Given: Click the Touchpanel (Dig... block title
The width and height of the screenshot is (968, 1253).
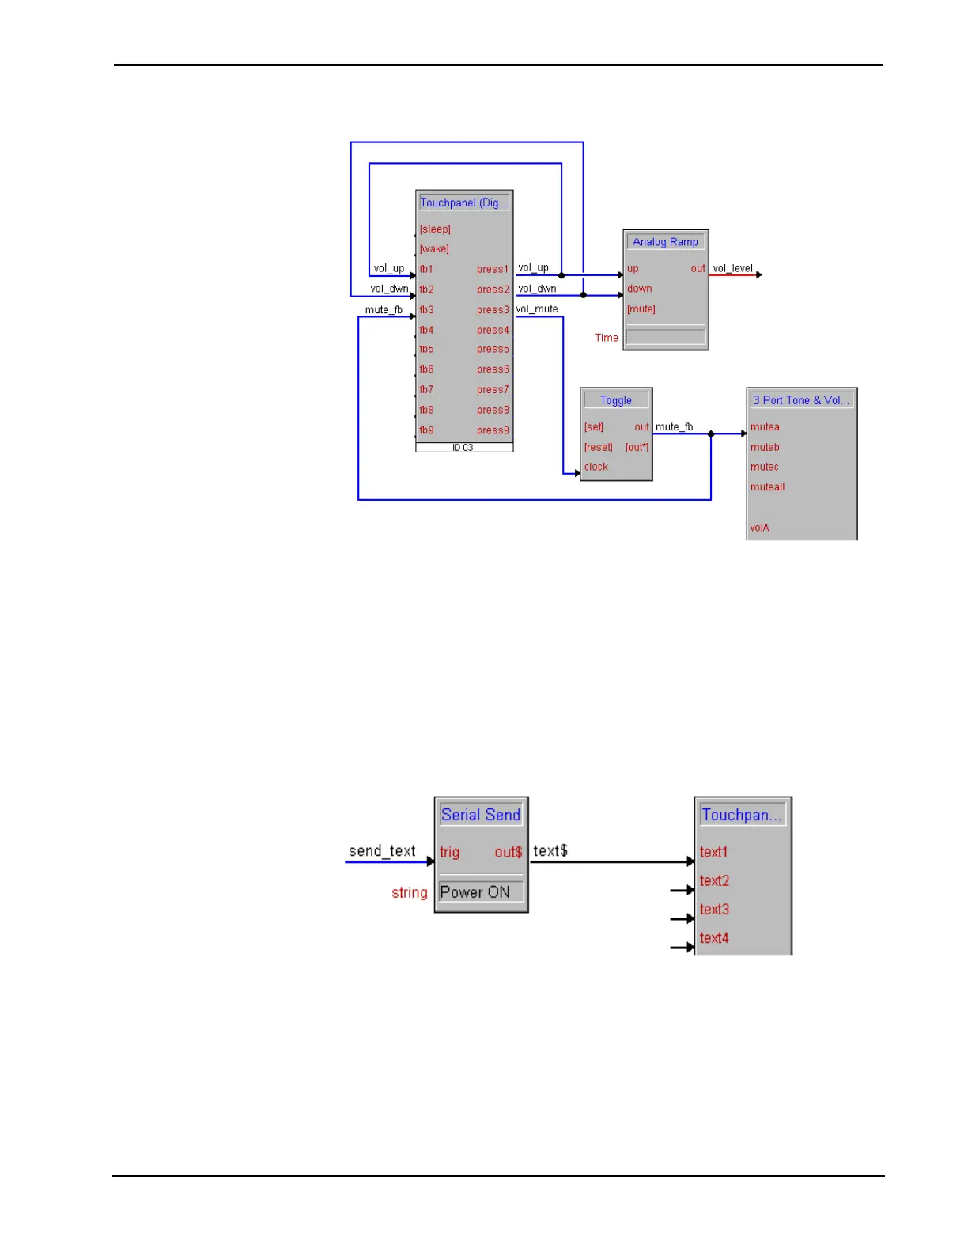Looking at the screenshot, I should [x=463, y=203].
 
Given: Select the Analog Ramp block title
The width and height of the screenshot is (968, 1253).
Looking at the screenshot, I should [x=665, y=242].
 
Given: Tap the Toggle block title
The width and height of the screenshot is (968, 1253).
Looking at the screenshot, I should [x=615, y=400].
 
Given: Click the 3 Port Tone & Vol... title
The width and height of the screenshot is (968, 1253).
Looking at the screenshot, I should [x=801, y=400].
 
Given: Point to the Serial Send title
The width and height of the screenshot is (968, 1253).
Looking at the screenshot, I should [x=481, y=815].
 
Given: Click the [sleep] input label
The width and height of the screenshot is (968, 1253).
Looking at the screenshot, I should [x=435, y=229].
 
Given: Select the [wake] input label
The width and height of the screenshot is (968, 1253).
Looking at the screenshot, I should [x=434, y=249].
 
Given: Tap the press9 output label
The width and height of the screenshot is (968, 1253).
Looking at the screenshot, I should [x=493, y=430].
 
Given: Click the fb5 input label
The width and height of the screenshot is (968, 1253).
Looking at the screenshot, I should [x=426, y=350].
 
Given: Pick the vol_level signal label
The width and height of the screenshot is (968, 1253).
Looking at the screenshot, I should [x=732, y=268].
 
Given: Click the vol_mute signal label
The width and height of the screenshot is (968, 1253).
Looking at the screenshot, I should [x=537, y=309].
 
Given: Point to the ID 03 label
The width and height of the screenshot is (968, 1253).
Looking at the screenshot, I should [x=463, y=448].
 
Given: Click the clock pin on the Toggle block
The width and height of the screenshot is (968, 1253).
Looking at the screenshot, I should [x=596, y=467].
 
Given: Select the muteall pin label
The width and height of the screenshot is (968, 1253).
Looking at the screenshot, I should [x=767, y=487].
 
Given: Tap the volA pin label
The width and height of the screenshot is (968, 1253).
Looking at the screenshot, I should [x=759, y=528].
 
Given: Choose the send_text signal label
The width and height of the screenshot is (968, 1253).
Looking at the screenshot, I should [x=382, y=851].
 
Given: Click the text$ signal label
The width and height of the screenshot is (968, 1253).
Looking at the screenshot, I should [x=550, y=851].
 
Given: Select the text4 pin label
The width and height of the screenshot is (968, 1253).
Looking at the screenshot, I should [x=714, y=938].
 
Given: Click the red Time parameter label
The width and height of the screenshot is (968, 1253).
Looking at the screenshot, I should [x=607, y=338].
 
